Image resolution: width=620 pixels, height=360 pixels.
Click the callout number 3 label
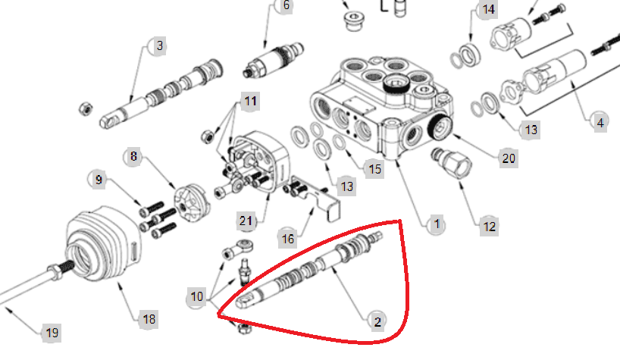(159, 45)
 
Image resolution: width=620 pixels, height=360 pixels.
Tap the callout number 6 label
(286, 5)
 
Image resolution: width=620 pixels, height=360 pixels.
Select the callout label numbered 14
(488, 8)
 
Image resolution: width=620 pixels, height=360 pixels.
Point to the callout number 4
(600, 123)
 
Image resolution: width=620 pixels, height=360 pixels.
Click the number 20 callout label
(508, 158)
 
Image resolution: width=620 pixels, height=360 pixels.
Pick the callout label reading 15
(374, 169)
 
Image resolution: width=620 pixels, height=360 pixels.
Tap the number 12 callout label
(489, 227)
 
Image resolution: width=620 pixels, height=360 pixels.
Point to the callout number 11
(250, 101)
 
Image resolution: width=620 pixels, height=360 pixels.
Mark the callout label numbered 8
(133, 156)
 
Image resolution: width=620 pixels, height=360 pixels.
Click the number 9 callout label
(99, 180)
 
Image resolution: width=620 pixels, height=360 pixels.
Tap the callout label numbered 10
(196, 296)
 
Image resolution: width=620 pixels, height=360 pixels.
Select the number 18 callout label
(149, 319)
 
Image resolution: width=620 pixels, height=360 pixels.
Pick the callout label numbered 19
(52, 333)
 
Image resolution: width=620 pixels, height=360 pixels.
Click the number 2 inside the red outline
(377, 321)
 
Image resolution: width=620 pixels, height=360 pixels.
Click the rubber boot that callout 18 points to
(104, 243)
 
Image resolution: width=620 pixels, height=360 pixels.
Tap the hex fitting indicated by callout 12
(452, 163)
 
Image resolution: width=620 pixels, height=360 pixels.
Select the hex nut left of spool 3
(86, 108)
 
